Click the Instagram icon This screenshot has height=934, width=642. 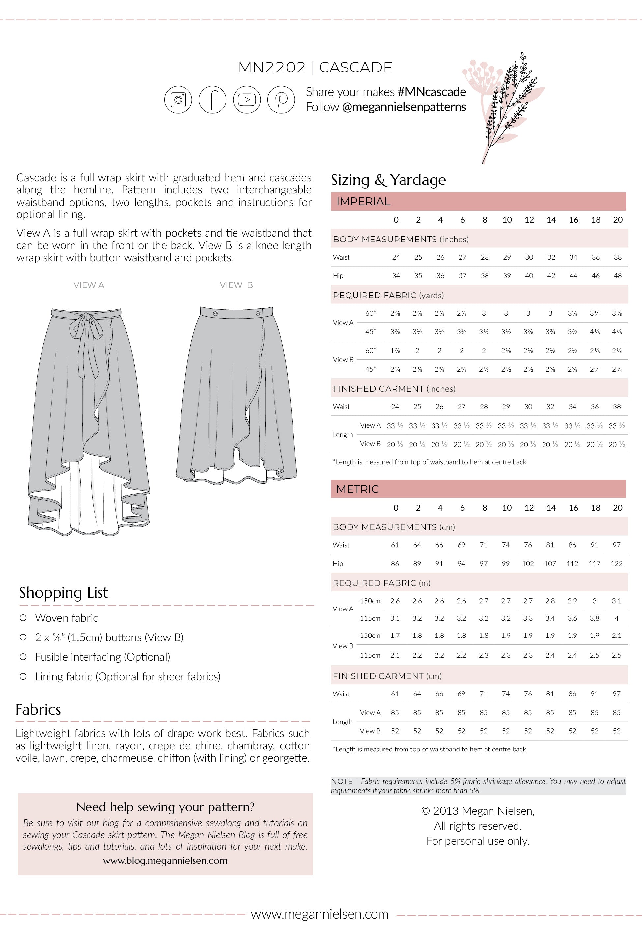pos(178,99)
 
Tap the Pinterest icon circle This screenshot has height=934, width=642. pos(281,99)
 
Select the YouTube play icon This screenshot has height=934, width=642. pos(247,99)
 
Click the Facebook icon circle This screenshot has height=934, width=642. pos(212,99)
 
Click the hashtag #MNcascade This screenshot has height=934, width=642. pos(432,92)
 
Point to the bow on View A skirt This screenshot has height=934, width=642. pos(85,322)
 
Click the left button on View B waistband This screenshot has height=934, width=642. pos(215,313)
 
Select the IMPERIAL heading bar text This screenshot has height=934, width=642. pos(363,202)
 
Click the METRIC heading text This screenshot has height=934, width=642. pos(357,489)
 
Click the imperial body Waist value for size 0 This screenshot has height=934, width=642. pos(396,257)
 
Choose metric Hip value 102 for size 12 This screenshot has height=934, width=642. pos(528,564)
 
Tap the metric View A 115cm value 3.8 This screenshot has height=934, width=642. pos(594,619)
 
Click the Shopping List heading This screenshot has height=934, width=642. pos(64,592)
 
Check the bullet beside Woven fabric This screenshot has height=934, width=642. pos(23,618)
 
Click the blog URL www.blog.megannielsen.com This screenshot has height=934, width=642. pos(165,861)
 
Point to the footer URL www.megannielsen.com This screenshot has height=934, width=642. pos(320,914)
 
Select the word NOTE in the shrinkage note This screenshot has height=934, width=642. pos(342,781)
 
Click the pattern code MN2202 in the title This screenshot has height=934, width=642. pos(272,68)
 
